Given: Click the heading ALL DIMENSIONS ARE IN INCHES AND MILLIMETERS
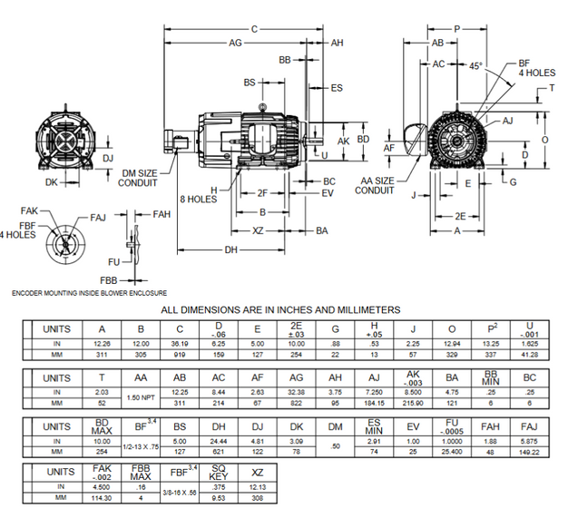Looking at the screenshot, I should pyautogui.click(x=279, y=310).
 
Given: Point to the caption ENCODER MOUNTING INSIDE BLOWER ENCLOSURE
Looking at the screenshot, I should pyautogui.click(x=89, y=293).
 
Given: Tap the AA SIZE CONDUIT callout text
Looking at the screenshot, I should pyautogui.click(x=374, y=185).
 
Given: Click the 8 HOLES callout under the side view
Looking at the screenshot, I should pyautogui.click(x=198, y=199).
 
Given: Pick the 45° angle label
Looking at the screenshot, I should pyautogui.click(x=476, y=65).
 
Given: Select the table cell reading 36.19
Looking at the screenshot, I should pyautogui.click(x=180, y=344).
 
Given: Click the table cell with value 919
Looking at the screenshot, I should pyautogui.click(x=180, y=355).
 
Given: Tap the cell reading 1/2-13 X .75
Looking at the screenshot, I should pyautogui.click(x=140, y=446).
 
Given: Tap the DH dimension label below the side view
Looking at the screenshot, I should pyautogui.click(x=231, y=249).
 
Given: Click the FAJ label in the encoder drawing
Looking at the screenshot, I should pyautogui.click(x=98, y=218).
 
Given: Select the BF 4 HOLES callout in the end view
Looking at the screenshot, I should pyautogui.click(x=535, y=68).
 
